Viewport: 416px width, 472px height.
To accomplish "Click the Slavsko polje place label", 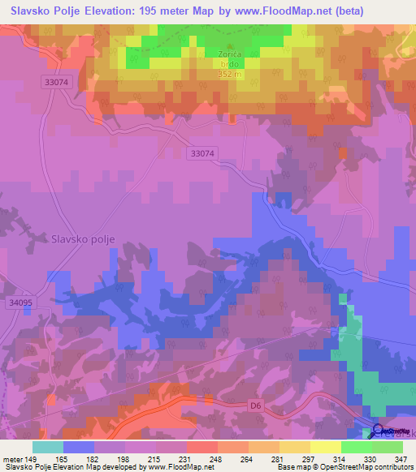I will (84, 238).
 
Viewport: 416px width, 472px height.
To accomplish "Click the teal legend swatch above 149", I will (48, 447).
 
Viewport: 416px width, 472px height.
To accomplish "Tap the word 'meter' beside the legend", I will (15, 458).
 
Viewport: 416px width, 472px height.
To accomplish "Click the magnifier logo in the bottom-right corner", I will (379, 431).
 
